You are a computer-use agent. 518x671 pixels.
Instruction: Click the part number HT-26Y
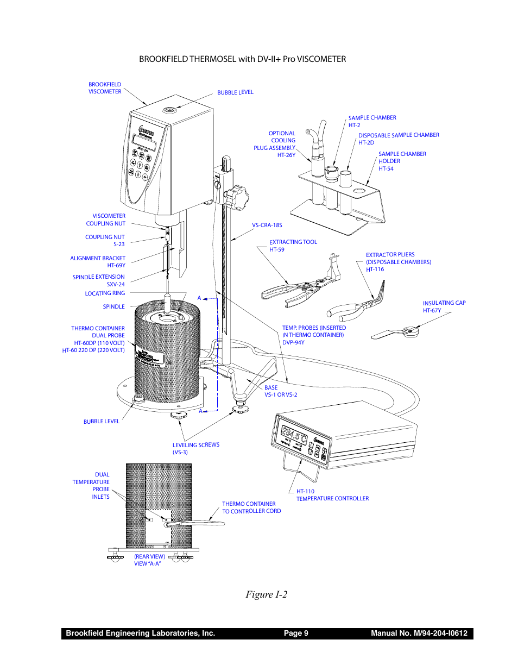(x=286, y=155)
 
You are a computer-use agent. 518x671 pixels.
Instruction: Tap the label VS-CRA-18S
(x=267, y=225)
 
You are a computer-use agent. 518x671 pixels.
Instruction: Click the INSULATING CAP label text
(x=444, y=303)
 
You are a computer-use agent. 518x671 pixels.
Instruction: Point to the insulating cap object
(x=408, y=331)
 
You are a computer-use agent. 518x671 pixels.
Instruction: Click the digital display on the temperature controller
(x=294, y=435)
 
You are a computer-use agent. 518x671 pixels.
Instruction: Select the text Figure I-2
(x=266, y=594)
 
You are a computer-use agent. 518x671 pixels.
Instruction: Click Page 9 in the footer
(x=296, y=633)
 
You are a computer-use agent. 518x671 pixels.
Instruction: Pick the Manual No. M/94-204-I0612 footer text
(x=419, y=633)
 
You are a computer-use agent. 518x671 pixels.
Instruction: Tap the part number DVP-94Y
(x=293, y=342)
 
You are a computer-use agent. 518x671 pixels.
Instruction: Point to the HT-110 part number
(x=305, y=491)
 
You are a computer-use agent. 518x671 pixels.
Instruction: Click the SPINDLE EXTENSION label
(x=99, y=277)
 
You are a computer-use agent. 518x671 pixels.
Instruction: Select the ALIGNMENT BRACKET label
(x=98, y=259)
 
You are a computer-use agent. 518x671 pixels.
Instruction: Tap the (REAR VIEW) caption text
(x=149, y=556)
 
